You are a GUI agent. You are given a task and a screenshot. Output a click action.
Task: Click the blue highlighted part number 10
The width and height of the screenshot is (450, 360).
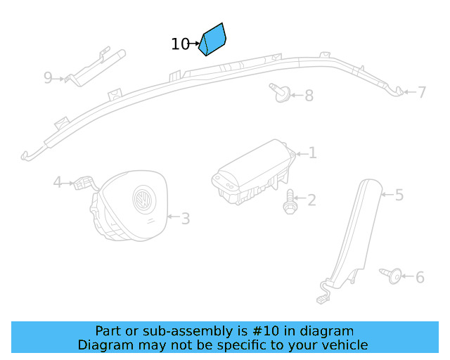[212, 39]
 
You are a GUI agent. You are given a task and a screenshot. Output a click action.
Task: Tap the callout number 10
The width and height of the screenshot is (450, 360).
[180, 44]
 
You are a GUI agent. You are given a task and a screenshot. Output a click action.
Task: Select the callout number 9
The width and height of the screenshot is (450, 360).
[48, 77]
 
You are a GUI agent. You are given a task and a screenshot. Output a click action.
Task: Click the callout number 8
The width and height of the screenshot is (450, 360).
[309, 95]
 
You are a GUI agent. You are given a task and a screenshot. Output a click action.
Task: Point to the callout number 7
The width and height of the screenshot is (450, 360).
[422, 92]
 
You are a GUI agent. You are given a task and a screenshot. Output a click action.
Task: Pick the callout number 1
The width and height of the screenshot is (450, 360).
[312, 153]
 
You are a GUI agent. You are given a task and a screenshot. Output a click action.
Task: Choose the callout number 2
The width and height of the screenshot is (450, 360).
[311, 200]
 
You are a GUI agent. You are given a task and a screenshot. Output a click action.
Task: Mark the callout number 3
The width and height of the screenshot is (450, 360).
[186, 219]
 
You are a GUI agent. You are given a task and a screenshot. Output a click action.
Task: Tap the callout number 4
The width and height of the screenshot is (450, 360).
[58, 183]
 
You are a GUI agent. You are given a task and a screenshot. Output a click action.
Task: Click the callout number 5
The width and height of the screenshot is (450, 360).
[399, 195]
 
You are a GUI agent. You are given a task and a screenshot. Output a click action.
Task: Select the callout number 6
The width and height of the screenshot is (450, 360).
[420, 278]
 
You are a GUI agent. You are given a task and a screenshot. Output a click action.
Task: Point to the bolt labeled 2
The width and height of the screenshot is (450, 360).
[290, 202]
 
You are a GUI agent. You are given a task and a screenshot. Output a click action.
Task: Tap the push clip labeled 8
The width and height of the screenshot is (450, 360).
[279, 93]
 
